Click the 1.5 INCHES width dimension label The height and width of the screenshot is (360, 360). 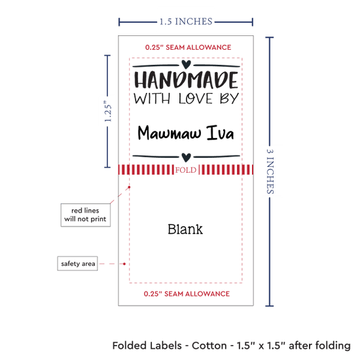(x=186, y=22)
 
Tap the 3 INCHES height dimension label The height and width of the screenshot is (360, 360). (x=270, y=171)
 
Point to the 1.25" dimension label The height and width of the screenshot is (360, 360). (x=108, y=111)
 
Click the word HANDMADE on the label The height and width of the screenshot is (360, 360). (x=186, y=80)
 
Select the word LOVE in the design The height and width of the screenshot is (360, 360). (x=196, y=98)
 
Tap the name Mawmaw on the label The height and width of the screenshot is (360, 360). (x=170, y=133)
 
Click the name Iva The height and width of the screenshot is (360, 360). (x=220, y=133)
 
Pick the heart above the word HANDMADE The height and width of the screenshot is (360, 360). (x=186, y=64)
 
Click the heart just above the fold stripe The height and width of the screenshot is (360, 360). (x=186, y=157)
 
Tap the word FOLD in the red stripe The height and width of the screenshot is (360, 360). (x=186, y=170)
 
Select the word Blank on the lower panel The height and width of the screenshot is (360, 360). (x=185, y=229)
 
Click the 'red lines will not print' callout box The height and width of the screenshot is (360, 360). (x=85, y=215)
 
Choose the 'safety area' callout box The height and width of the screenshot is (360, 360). (x=78, y=263)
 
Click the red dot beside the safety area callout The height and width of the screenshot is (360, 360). (x=124, y=264)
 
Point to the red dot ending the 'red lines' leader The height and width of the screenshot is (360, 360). (x=129, y=187)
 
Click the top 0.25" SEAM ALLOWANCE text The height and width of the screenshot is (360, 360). (x=188, y=47)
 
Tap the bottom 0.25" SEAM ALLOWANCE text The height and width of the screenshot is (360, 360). (x=187, y=294)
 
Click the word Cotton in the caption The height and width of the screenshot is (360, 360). (x=209, y=346)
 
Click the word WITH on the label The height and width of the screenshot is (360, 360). (x=152, y=98)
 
